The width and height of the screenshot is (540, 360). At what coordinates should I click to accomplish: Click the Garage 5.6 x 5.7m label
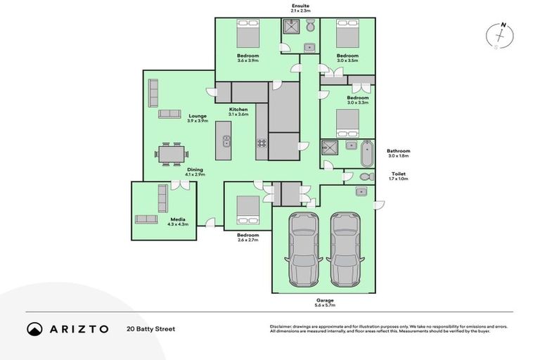324,303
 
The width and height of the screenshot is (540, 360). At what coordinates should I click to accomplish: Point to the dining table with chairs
172,153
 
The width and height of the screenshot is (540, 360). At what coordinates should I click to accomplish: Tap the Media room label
179,221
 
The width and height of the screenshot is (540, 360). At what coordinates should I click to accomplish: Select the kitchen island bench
224,140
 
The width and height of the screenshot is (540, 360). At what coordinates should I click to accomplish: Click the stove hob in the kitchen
262,143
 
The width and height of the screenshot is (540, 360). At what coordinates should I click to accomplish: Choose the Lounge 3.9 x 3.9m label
197,118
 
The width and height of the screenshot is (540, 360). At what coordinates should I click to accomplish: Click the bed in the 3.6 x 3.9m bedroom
247,34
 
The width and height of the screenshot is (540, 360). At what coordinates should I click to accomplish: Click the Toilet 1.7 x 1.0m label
398,176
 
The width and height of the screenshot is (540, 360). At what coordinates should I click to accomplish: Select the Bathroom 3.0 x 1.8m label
398,153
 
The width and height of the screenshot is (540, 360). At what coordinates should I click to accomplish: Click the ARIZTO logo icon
34,328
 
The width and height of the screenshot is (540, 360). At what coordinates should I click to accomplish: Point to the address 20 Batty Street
150,328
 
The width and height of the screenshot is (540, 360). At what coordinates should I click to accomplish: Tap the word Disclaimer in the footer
282,326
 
